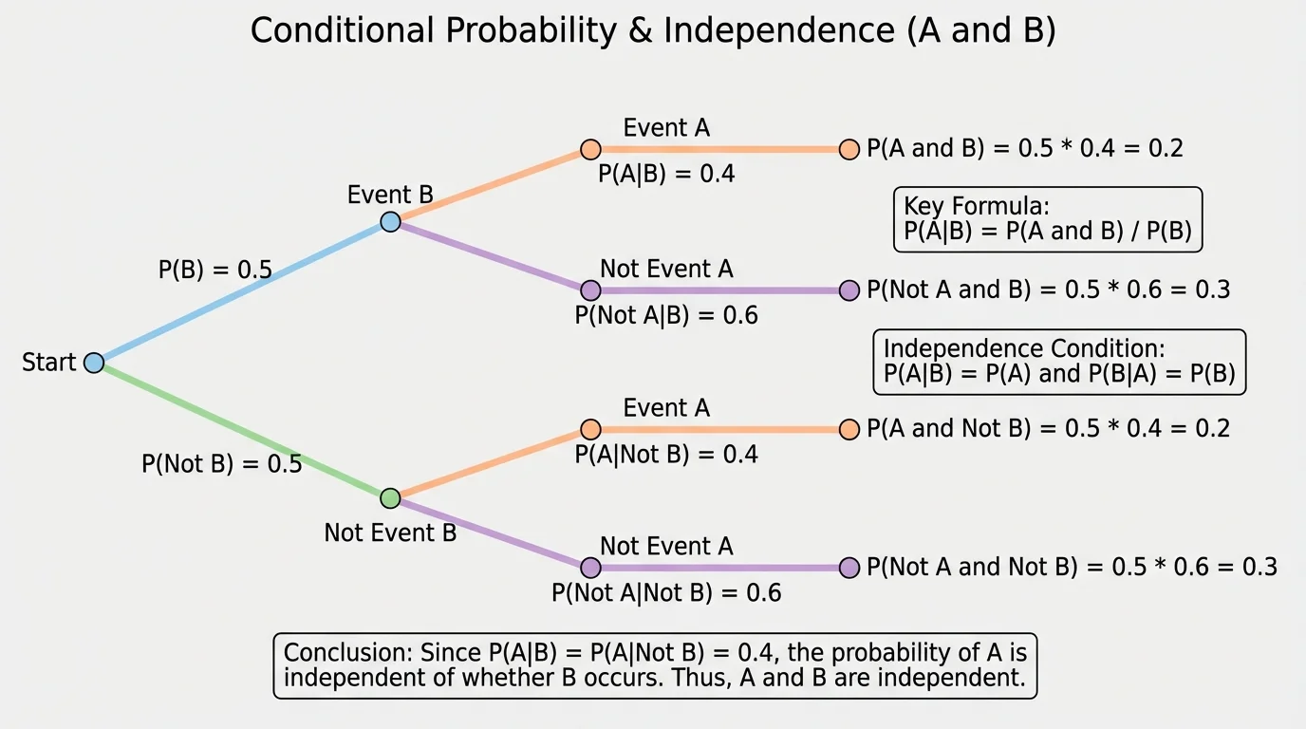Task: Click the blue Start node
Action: coord(93,363)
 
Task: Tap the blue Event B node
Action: coord(390,222)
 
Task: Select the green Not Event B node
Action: coord(390,498)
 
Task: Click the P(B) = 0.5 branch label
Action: coord(215,271)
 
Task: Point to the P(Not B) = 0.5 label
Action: coord(221,464)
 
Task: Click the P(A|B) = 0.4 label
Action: coord(666,175)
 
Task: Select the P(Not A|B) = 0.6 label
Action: coord(666,315)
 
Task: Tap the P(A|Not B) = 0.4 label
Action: coord(666,455)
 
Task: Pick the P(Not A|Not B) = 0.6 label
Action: coord(666,593)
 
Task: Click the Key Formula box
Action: coord(1048,219)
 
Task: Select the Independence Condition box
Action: coord(1058,362)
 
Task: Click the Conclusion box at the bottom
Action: coord(655,666)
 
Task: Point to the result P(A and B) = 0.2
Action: coord(1025,149)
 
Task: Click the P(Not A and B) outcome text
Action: coord(1048,290)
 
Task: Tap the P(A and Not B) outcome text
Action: coord(1048,429)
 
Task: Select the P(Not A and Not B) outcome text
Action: coord(1072,568)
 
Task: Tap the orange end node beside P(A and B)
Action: coord(849,150)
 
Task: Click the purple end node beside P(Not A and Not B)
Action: coord(849,568)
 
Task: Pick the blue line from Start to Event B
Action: coord(242,292)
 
